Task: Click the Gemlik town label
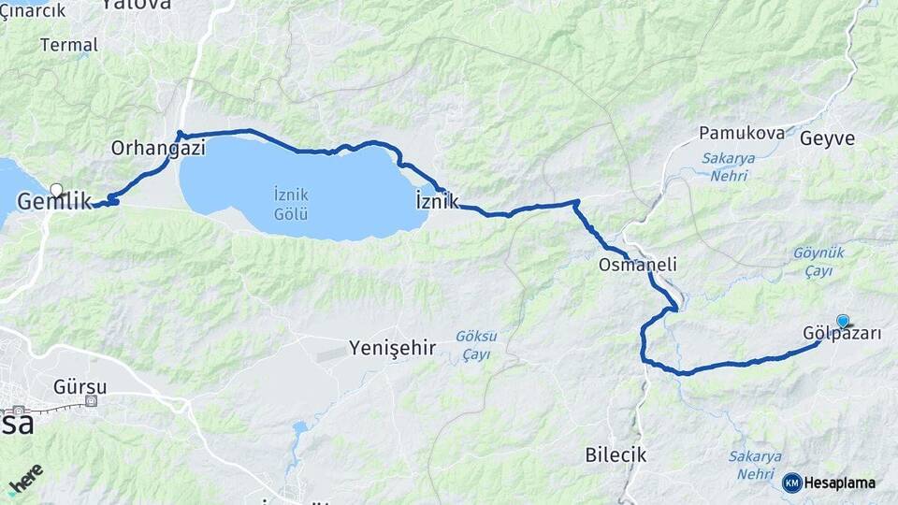[x=55, y=201]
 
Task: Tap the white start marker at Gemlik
[x=56, y=191]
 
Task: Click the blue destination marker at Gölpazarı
[x=843, y=321]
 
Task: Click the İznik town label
[x=436, y=200]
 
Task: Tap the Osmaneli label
[x=638, y=265]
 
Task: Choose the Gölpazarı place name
[x=842, y=334]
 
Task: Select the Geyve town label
[x=827, y=138]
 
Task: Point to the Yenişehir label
[x=392, y=349]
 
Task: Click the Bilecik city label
[x=616, y=455]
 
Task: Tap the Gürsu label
[x=80, y=386]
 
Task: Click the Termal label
[x=69, y=45]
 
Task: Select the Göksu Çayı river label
[x=476, y=345]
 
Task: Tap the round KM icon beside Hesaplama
[x=791, y=483]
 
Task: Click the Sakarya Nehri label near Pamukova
[x=729, y=166]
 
